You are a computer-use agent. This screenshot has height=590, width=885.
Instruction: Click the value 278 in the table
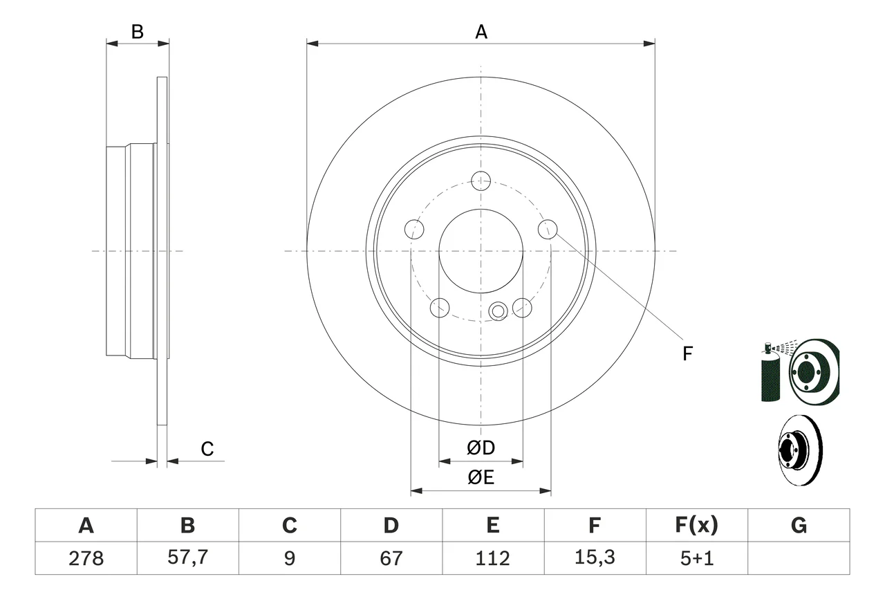[86, 558]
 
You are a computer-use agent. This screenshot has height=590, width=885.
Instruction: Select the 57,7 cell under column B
[187, 557]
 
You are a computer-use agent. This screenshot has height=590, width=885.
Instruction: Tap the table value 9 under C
[290, 558]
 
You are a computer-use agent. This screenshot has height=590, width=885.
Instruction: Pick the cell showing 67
[391, 558]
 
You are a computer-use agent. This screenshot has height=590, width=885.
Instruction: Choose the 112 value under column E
[493, 558]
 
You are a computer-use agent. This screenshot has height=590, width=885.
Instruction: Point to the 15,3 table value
[595, 557]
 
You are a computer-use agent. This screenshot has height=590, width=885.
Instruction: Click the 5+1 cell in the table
[697, 558]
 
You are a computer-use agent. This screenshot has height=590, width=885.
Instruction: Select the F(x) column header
[696, 525]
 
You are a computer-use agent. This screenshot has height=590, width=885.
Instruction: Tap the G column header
[799, 525]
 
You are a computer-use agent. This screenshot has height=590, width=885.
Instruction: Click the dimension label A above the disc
[481, 32]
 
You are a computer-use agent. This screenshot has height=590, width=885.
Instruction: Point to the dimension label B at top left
[138, 32]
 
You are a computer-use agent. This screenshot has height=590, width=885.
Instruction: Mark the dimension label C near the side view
[207, 449]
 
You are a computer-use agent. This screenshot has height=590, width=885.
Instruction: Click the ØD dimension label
[481, 448]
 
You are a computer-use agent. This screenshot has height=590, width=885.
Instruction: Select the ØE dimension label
[481, 477]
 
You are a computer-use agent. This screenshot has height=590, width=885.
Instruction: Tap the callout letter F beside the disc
[687, 353]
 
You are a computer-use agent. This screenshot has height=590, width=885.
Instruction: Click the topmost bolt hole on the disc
[481, 181]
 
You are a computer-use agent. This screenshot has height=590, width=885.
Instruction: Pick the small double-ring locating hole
[499, 311]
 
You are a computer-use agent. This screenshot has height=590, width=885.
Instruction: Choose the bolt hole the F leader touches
[548, 230]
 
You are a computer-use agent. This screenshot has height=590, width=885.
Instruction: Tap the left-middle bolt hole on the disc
[414, 230]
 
